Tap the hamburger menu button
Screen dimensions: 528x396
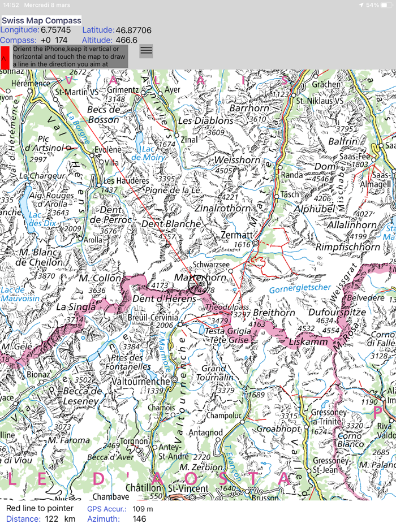tap(146, 51)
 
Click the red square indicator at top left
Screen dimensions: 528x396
tap(5, 57)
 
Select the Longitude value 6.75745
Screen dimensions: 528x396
tap(56, 30)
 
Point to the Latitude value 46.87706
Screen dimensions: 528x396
tap(134, 30)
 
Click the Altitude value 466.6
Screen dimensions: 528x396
tap(126, 40)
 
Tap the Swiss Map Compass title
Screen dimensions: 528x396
tap(41, 21)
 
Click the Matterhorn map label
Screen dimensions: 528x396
tap(201, 279)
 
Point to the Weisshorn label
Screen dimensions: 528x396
tap(237, 160)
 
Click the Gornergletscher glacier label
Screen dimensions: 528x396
tap(299, 288)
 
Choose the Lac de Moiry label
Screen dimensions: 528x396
tap(149, 153)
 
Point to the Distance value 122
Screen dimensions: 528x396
tap(52, 518)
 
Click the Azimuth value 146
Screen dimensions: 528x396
tap(139, 518)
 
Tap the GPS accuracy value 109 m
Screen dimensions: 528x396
tap(142, 509)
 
